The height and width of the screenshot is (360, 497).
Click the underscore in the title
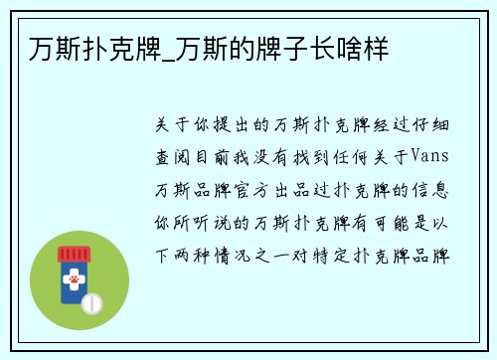tap(164, 49)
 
